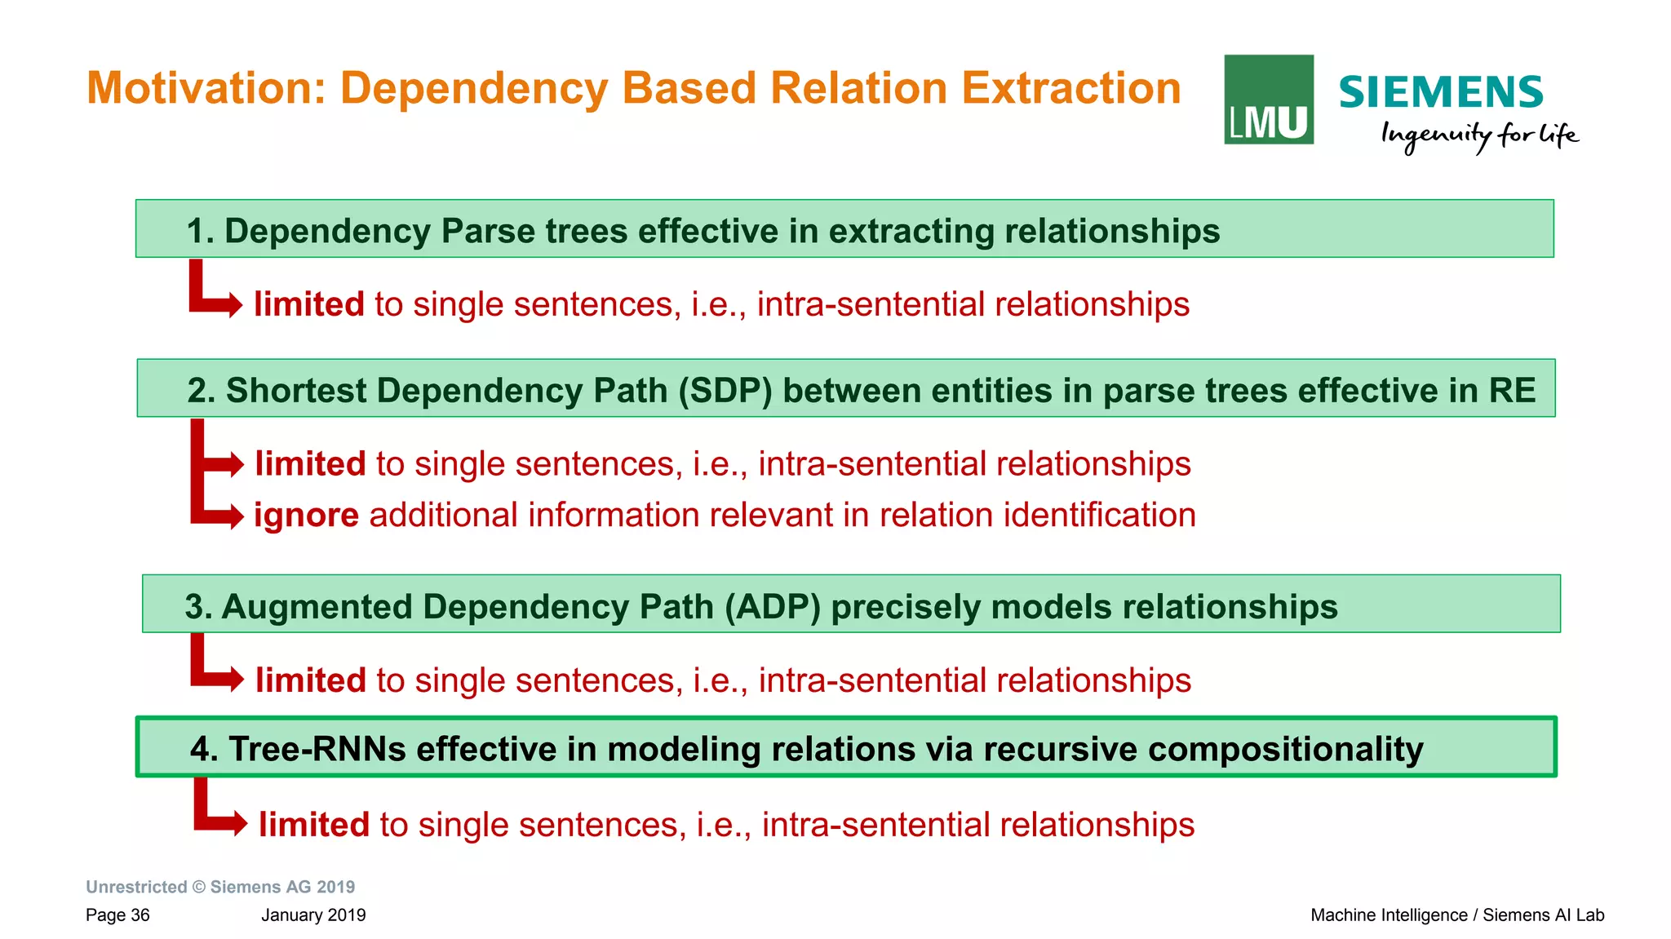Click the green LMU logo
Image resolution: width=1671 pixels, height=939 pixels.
(1268, 100)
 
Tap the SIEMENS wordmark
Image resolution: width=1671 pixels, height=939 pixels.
(1440, 92)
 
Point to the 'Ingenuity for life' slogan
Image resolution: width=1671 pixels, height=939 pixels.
(1478, 135)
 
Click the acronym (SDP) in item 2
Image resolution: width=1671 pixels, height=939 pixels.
(725, 390)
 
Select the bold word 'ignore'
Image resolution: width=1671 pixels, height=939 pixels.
(306, 516)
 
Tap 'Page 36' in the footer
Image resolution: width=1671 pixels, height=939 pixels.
(117, 915)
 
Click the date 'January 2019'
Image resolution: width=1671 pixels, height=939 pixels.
(313, 915)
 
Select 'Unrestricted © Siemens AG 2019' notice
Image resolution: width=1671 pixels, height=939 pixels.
(220, 887)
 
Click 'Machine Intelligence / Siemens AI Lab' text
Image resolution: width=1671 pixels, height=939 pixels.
(1456, 915)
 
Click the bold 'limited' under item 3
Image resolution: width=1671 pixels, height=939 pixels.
(310, 680)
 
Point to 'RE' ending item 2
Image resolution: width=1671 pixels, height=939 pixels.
(1511, 390)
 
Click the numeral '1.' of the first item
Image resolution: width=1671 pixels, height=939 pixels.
(200, 231)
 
